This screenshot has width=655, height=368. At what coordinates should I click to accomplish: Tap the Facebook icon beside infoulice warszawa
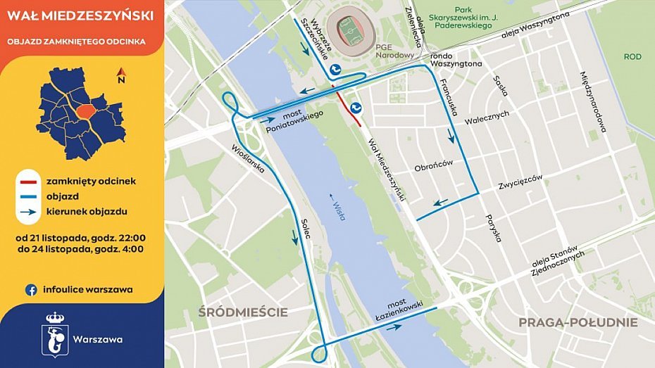(31, 289)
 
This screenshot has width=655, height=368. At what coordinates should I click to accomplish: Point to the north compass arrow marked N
(121, 75)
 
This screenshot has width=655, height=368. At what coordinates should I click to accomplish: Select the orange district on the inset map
(87, 112)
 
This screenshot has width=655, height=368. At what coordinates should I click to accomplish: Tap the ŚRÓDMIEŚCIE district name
(242, 312)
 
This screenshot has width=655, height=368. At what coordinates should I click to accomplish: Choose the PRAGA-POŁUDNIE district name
(578, 322)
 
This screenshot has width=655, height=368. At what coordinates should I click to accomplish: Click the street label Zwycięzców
(520, 182)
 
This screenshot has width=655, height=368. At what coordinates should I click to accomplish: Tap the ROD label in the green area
(632, 56)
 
